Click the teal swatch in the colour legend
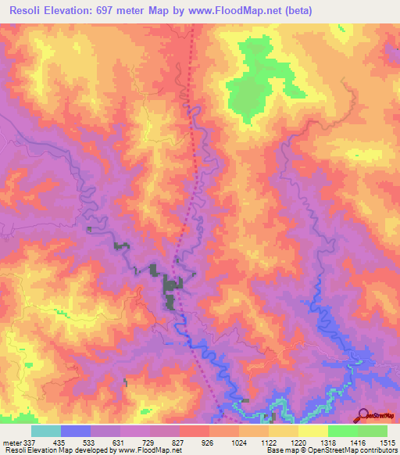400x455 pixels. [46, 431]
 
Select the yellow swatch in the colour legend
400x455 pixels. [312, 431]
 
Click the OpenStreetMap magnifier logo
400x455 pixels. [363, 414]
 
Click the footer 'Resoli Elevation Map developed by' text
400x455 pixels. [51, 450]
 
